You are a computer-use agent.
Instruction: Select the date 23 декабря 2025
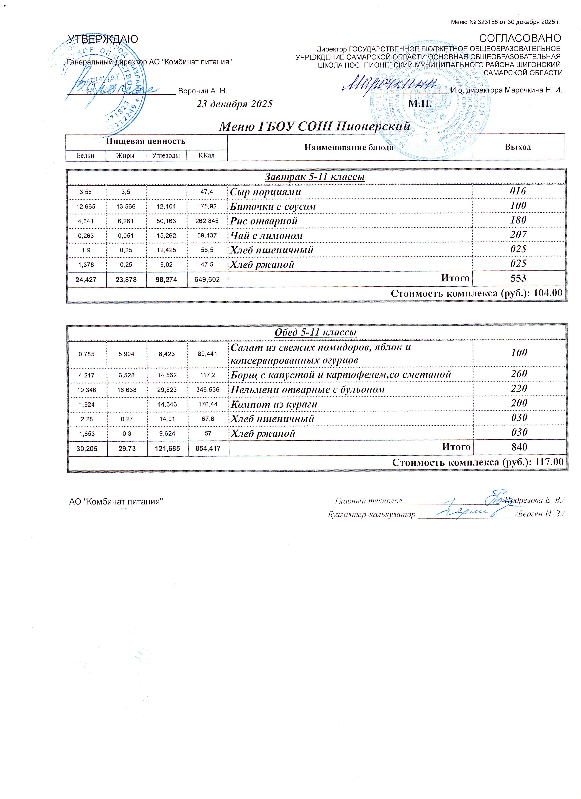pos(234,104)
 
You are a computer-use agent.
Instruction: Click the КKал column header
pos(207,155)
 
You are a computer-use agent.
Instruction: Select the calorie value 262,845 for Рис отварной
pos(207,221)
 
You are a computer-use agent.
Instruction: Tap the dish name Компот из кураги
pos(274,404)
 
